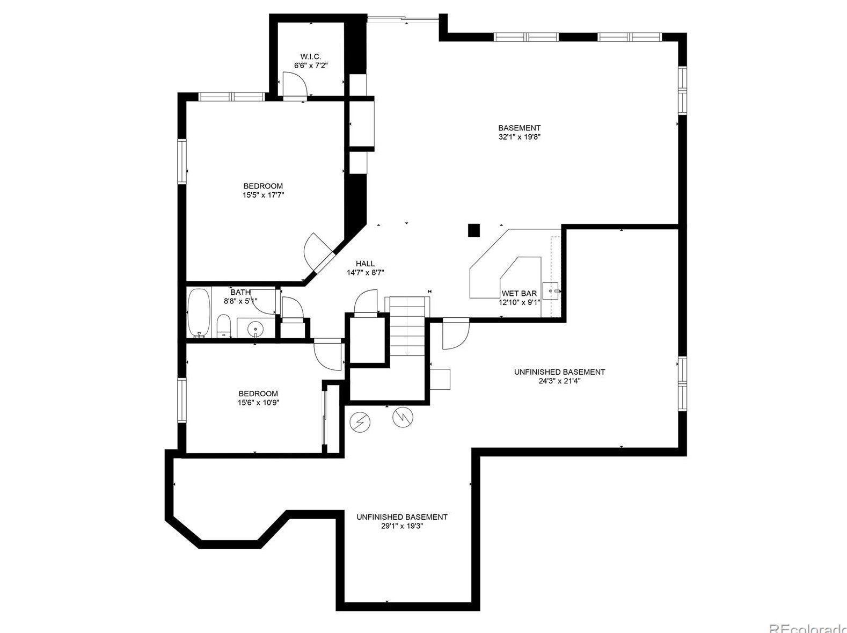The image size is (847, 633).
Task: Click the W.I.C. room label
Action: point(310,56)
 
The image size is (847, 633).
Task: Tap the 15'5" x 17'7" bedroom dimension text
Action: point(263,195)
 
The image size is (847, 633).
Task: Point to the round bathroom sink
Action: point(256,327)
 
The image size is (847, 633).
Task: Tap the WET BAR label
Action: point(519,294)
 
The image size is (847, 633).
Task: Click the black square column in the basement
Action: point(473,230)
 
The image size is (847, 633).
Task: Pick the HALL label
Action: point(365,264)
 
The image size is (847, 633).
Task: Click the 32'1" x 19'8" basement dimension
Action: point(519,137)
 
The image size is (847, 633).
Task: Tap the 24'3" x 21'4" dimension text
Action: point(559,381)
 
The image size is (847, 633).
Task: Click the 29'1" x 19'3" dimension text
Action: point(402,526)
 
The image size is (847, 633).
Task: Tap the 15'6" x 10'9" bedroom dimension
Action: point(258,403)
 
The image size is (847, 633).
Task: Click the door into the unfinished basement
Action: point(455,334)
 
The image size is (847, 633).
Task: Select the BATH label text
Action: point(240,292)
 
